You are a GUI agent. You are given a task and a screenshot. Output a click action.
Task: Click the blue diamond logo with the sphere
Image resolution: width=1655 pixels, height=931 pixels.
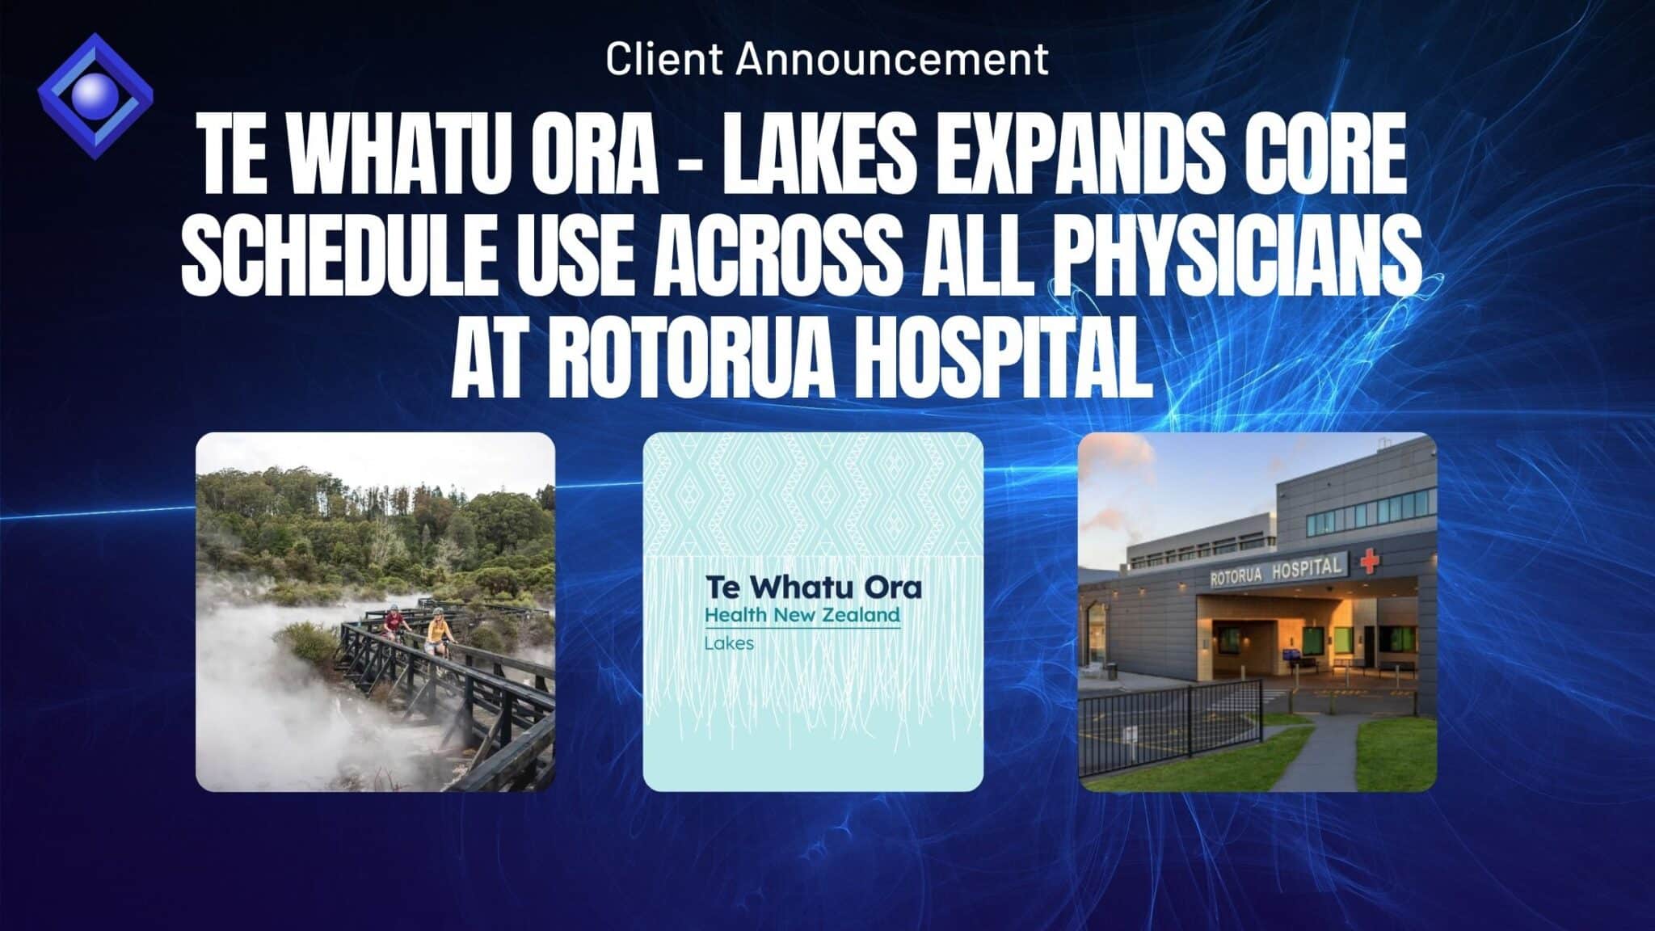pos(95,95)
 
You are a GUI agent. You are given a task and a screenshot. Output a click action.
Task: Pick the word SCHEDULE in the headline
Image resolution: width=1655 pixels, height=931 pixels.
pos(336,257)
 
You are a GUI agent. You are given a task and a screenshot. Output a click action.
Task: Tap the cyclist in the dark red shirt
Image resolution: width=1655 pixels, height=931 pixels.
pos(394,624)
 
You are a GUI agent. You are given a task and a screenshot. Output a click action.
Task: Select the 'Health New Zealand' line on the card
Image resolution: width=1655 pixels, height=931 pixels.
pos(802,616)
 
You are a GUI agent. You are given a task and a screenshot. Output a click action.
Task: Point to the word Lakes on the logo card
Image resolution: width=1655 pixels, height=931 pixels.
pos(729,644)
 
